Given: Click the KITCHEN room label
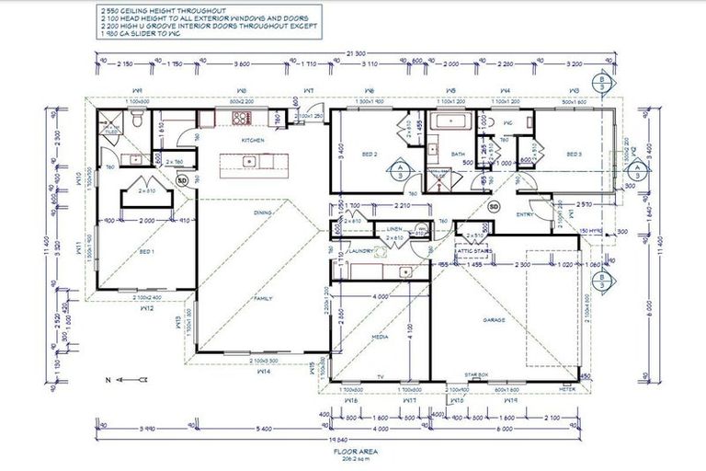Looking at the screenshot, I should [x=253, y=140].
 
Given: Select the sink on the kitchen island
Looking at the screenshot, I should [x=248, y=162].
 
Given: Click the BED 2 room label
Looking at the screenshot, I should [x=370, y=154].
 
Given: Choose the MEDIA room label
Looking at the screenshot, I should [x=378, y=337].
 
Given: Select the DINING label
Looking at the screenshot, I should [x=264, y=213].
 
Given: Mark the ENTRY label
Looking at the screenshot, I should [x=525, y=214].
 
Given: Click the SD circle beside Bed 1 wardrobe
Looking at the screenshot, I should [x=181, y=180].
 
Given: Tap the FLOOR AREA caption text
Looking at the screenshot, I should [x=352, y=452].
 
